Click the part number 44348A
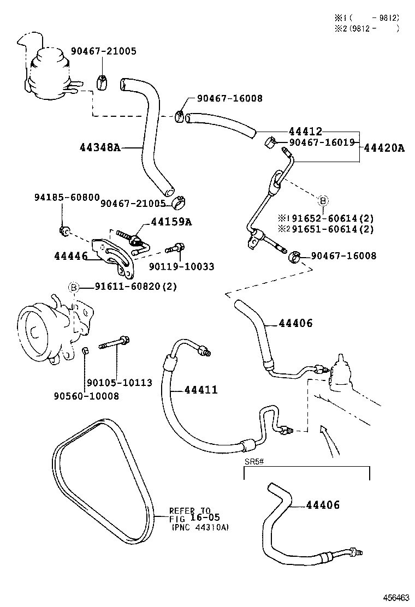(x=99, y=148)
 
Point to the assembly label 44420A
(x=384, y=147)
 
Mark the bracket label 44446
(x=70, y=255)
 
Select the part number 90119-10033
(x=181, y=266)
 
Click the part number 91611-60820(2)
(x=135, y=287)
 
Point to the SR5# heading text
(x=254, y=461)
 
